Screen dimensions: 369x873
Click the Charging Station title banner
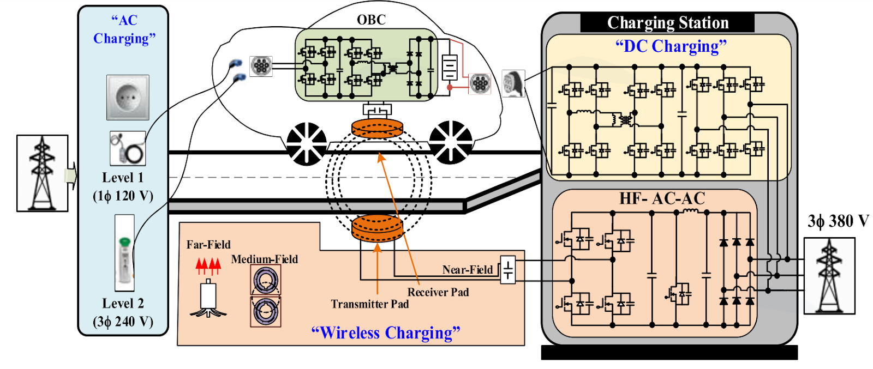tap(667, 23)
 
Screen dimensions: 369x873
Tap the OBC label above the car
tap(371, 20)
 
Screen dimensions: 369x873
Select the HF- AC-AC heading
tap(662, 198)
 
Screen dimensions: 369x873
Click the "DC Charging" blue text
tap(671, 46)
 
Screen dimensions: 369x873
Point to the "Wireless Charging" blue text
tap(385, 332)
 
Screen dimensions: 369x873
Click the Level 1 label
tap(123, 178)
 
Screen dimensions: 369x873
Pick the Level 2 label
tap(123, 304)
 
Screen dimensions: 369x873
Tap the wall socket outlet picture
tap(128, 98)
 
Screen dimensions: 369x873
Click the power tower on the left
tap(42, 173)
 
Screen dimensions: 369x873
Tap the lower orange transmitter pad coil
tap(377, 228)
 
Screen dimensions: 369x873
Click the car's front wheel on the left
tap(306, 143)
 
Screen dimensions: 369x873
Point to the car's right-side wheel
tap(451, 142)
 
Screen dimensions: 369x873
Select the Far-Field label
tap(208, 245)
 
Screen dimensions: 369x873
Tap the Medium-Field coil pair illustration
tap(266, 296)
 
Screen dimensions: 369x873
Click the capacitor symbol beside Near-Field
tap(508, 270)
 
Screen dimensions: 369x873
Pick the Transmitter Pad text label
tap(369, 304)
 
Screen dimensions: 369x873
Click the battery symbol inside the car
tap(449, 68)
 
